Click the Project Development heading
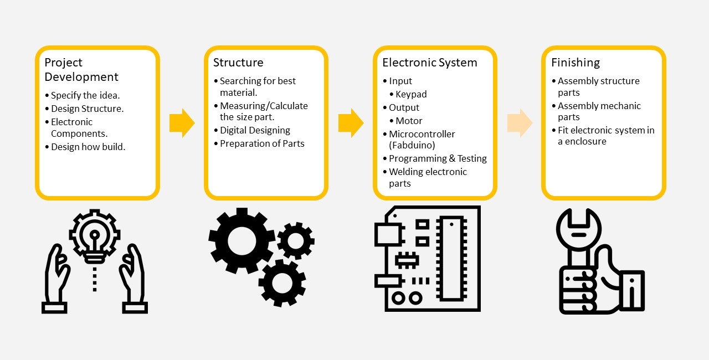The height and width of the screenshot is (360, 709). point(81,70)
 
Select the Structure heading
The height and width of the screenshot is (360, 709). point(238,63)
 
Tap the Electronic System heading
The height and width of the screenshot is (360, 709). point(429,63)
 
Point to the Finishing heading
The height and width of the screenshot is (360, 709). point(576,63)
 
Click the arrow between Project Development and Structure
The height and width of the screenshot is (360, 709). point(182,123)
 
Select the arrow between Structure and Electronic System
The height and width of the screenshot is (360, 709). point(351,123)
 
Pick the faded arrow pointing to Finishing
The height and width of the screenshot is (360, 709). point(520,123)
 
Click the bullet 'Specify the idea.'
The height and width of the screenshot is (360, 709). point(85,95)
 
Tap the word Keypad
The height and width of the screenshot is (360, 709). point(411,94)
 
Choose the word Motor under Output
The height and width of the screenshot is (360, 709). point(409,121)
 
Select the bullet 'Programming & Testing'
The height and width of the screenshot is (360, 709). point(438,158)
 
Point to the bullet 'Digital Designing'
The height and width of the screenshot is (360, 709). point(255,130)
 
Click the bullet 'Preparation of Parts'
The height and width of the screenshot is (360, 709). point(262,143)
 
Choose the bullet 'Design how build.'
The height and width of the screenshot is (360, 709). point(88,147)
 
